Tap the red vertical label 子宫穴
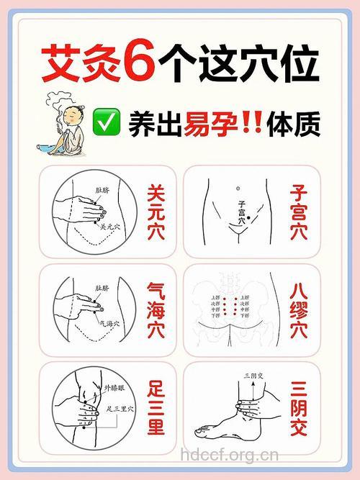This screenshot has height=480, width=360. pyautogui.click(x=299, y=213)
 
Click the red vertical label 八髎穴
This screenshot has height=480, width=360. pyautogui.click(x=299, y=310)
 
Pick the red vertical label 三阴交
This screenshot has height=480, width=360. pyautogui.click(x=299, y=408)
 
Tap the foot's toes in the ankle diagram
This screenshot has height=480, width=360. pyautogui.click(x=201, y=431)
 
